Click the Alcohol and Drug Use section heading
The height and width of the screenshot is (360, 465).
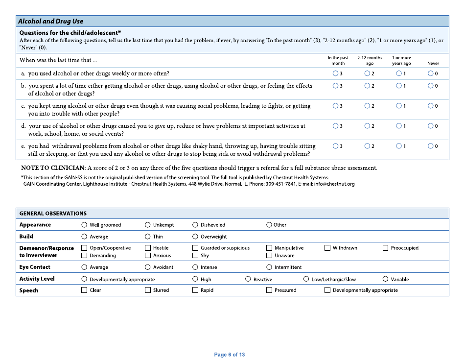click(x=50, y=21)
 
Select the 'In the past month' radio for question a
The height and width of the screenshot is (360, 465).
click(x=335, y=73)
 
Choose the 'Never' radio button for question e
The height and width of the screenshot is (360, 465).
click(x=430, y=146)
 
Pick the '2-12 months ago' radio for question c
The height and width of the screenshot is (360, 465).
click(x=367, y=106)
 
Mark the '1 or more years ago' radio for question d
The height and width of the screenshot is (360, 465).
click(x=399, y=126)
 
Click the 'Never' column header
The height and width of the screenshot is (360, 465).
click(x=433, y=63)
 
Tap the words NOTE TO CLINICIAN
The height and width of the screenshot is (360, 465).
click(x=53, y=168)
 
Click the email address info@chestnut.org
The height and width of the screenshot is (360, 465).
click(x=334, y=184)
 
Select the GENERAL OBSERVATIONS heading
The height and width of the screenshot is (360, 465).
click(x=53, y=214)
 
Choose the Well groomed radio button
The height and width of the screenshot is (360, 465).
click(x=84, y=225)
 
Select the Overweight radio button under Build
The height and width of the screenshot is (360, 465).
click(x=195, y=237)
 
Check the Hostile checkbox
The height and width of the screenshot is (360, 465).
click(x=148, y=248)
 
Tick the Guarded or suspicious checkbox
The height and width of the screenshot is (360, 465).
click(x=195, y=248)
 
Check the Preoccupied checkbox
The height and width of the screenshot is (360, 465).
click(x=386, y=248)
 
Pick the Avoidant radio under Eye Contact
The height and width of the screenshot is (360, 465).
click(x=148, y=267)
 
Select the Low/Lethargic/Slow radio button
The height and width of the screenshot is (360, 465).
click(x=306, y=279)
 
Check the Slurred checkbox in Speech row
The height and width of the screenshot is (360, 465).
click(x=148, y=290)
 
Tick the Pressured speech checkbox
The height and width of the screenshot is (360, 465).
click(x=269, y=290)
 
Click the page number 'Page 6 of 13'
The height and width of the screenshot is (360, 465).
click(x=229, y=355)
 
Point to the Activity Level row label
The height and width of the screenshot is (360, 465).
click(x=37, y=279)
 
